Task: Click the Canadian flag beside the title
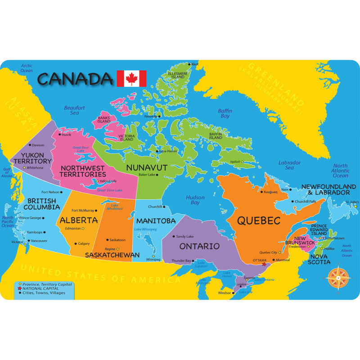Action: (131, 79)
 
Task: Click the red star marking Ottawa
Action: (264, 264)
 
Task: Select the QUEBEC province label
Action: (259, 221)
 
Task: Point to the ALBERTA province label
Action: (78, 220)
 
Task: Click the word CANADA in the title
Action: (75, 79)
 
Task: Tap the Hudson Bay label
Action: (195, 200)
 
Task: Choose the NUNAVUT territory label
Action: (147, 167)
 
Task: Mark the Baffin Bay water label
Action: (225, 113)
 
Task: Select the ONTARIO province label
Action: (199, 246)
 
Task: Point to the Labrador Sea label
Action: (289, 165)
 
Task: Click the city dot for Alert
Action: (190, 64)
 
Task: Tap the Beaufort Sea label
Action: (74, 110)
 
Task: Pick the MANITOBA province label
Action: (156, 221)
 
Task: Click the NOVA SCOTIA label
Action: (319, 259)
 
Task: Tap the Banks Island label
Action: (104, 120)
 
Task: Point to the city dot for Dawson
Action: (30, 145)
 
